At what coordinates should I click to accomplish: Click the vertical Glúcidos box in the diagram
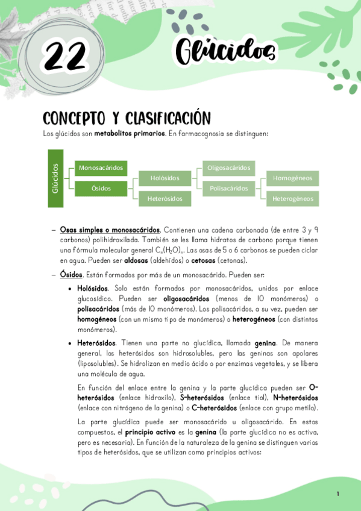[x=55, y=178]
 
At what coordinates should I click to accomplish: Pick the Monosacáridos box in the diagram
[x=101, y=168]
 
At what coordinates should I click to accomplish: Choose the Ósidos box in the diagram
[x=101, y=189]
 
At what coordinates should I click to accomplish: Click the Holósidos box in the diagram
[x=165, y=178]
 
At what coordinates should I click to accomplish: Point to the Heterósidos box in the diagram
[x=165, y=198]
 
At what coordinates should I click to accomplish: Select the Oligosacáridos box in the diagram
[x=228, y=168]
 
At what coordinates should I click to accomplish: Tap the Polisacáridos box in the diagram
[x=228, y=189]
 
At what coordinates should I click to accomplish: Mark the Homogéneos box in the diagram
[x=292, y=178]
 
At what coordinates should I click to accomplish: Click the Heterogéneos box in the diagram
[x=292, y=198]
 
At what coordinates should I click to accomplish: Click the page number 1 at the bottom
[x=338, y=494]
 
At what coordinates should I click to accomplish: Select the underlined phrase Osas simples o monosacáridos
[x=110, y=230]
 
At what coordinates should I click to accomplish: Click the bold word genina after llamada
[x=266, y=342]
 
